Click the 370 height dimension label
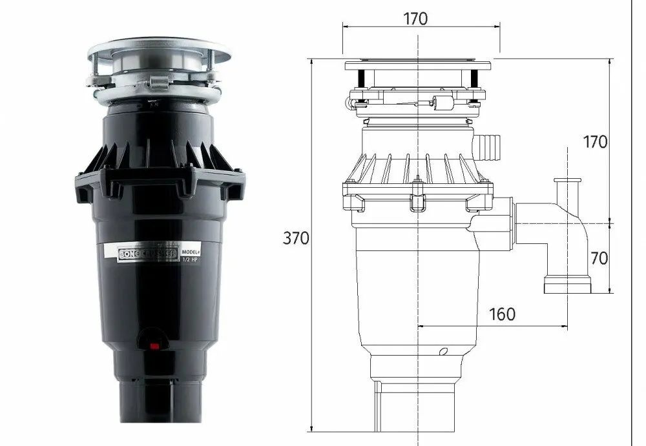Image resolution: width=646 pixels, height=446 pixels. (x=296, y=238)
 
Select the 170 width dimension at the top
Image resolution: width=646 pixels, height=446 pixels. (x=415, y=19)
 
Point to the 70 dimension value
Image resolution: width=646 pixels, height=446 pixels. (x=599, y=258)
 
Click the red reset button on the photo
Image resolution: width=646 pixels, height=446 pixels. (x=154, y=346)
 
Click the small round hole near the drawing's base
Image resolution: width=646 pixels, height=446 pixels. (x=443, y=352)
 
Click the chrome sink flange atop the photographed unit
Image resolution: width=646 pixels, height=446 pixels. (x=158, y=48)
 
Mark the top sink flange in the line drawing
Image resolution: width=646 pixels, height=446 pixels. (x=419, y=65)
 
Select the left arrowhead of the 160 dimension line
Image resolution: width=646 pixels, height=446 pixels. (x=422, y=327)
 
